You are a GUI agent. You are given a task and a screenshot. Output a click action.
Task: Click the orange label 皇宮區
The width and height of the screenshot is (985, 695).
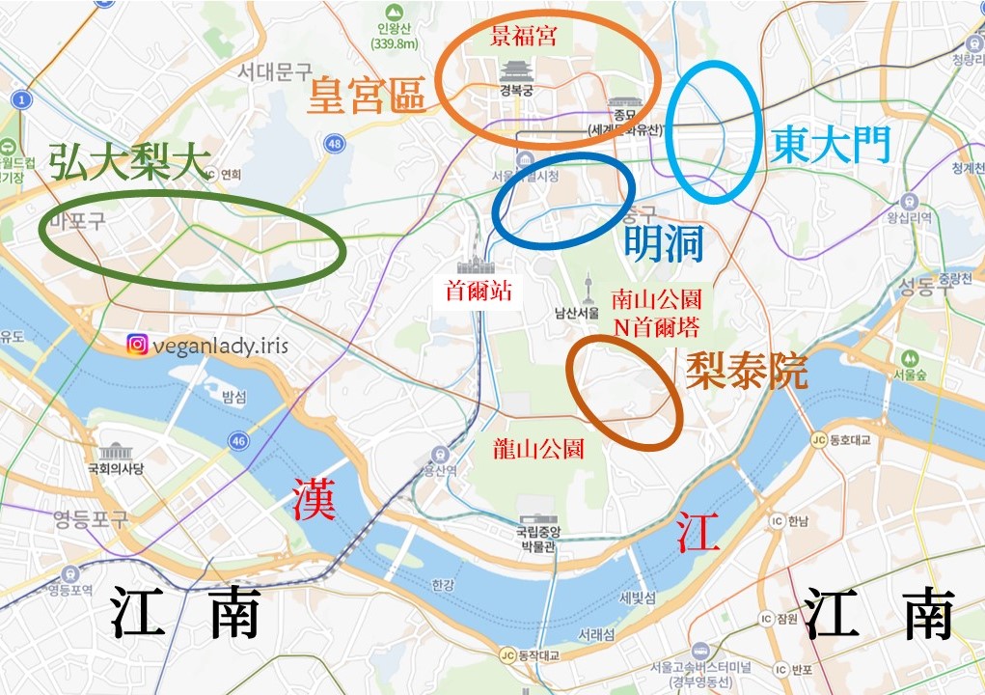click(x=367, y=97)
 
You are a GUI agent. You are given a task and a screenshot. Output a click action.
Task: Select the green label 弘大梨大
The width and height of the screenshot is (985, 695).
click(x=129, y=161)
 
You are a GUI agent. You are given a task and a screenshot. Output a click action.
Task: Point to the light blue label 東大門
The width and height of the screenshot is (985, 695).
click(x=831, y=144)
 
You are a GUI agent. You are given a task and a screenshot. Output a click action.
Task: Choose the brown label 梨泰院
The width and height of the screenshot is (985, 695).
click(x=746, y=370)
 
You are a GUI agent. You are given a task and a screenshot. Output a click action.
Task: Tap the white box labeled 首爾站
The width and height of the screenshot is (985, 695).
click(x=479, y=290)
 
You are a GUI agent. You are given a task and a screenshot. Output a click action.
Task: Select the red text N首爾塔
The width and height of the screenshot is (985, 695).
click(x=656, y=325)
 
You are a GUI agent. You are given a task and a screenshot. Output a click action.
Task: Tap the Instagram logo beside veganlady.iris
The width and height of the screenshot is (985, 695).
click(x=137, y=345)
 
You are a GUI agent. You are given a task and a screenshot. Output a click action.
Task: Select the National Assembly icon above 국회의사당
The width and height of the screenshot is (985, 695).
click(x=115, y=452)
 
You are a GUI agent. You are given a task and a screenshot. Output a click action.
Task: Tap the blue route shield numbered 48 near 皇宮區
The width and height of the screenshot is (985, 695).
click(x=335, y=143)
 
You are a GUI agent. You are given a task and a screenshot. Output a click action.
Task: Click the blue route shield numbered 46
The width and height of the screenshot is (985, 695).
click(x=238, y=441)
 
